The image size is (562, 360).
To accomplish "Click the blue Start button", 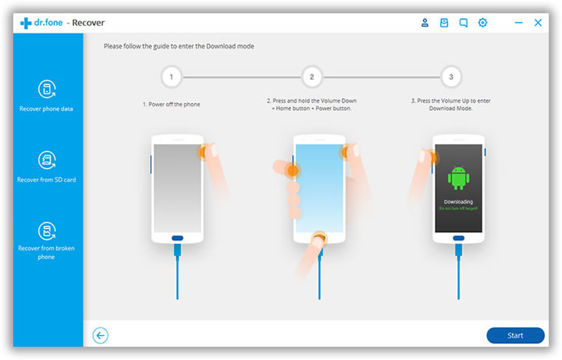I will [x=515, y=335].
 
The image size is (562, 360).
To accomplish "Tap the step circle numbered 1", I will [x=171, y=77].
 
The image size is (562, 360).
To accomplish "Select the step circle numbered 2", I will [x=311, y=77].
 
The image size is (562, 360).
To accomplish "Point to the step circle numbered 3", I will [x=450, y=77].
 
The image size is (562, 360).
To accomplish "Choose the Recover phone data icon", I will [x=47, y=89].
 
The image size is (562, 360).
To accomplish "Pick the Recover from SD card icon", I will [x=47, y=160].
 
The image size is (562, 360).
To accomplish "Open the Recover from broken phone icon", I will [x=47, y=230].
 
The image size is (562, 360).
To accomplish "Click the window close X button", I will [x=538, y=23].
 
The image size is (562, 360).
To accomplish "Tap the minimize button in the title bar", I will [x=518, y=23].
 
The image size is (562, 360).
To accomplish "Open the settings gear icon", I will [x=482, y=23].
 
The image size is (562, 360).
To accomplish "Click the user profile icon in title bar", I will [x=425, y=23].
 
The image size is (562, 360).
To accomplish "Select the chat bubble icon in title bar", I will [x=464, y=23].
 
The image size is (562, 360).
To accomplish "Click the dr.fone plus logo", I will [x=26, y=23].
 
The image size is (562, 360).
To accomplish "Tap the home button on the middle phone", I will [x=318, y=237].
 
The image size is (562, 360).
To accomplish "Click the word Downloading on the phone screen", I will [x=457, y=201].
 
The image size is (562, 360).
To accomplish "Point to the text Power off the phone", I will [x=174, y=104].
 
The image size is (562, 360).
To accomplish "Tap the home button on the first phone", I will [x=178, y=237].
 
